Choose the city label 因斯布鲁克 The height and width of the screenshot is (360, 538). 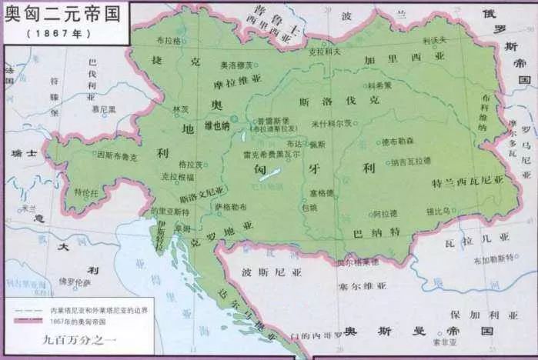point(116,155)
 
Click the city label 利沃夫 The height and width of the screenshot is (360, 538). point(435,39)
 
